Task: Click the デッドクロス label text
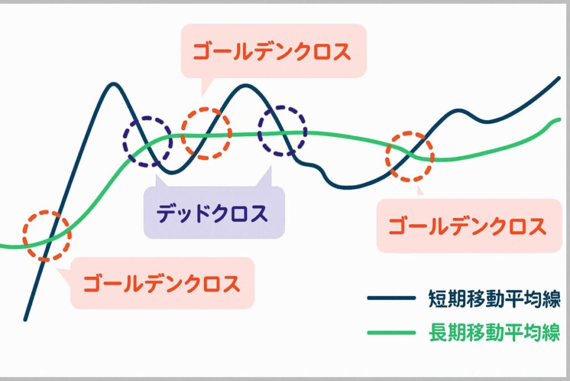[212, 214]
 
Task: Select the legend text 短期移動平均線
[494, 298]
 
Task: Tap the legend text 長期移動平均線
[494, 332]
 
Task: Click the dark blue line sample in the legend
[391, 298]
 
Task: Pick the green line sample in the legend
[391, 332]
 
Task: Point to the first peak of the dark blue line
[114, 84]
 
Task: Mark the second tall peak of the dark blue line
[246, 86]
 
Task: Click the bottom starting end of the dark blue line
[26, 320]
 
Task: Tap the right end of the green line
[559, 119]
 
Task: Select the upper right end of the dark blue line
[559, 78]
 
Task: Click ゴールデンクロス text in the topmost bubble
[272, 51]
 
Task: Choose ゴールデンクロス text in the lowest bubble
[161, 283]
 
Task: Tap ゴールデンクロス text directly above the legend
[468, 226]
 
